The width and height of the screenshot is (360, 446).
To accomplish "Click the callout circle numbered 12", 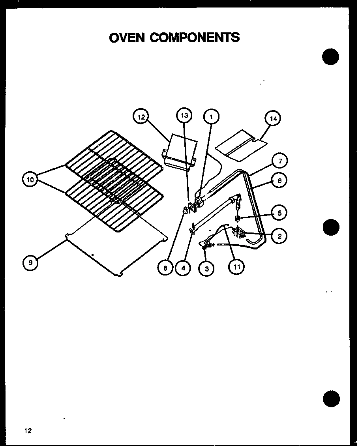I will point(141,117).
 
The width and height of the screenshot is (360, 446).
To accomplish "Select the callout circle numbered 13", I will point(184,116).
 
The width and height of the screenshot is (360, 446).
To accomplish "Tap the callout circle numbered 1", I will point(211,116).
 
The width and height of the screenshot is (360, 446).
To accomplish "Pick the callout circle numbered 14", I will point(273,118).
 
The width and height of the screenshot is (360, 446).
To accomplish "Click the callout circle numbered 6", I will point(279,181).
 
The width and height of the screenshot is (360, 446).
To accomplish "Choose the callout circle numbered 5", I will point(279,213).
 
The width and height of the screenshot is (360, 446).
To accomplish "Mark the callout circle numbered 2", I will point(279,236).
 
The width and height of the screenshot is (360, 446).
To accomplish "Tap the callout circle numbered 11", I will point(236,267).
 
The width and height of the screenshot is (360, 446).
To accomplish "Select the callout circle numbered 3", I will point(206,269).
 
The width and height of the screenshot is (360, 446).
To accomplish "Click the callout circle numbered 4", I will point(183,268).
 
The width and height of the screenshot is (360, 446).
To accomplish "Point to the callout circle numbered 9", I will point(30,262).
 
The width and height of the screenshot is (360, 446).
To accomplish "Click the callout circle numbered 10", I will point(30,180).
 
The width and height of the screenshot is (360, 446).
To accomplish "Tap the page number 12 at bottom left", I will point(27,431).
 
